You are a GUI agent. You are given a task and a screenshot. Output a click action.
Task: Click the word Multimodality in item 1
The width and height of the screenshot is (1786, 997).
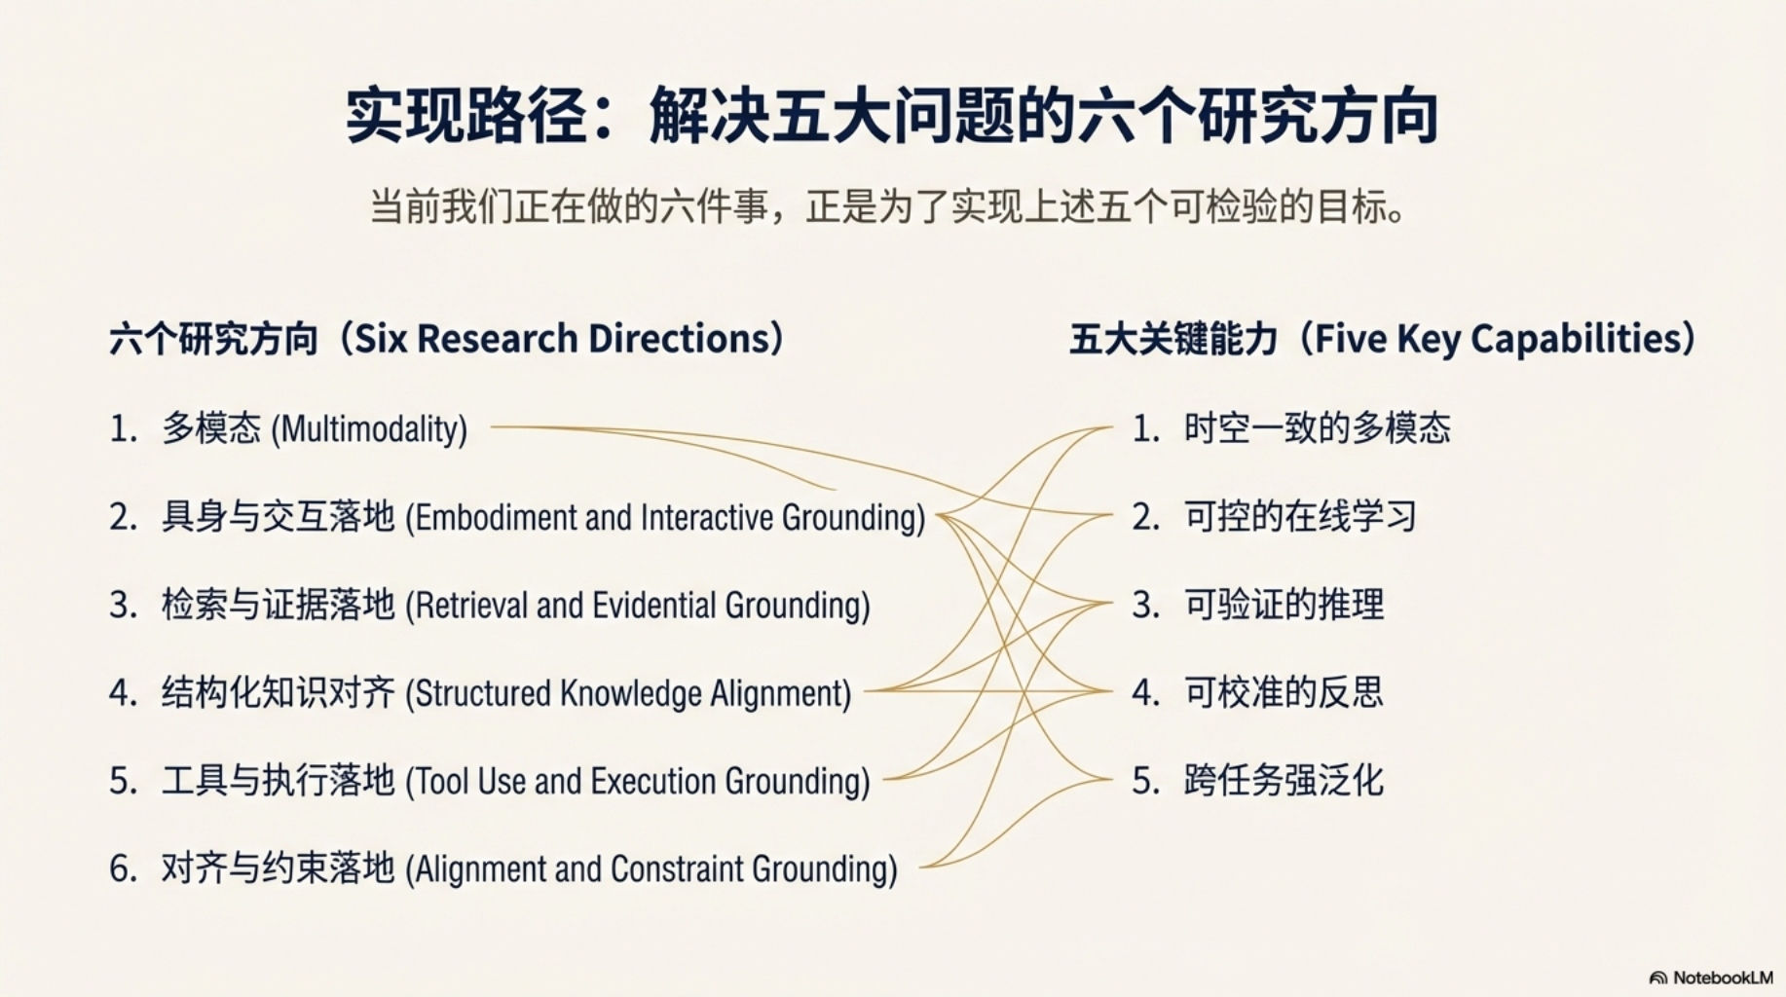click(369, 429)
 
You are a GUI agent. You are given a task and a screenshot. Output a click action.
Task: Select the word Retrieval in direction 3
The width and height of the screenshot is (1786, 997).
click(470, 606)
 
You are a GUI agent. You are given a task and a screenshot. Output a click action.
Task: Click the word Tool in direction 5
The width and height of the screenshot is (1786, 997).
click(441, 781)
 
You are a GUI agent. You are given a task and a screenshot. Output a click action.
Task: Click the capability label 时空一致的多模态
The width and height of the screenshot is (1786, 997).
click(1317, 428)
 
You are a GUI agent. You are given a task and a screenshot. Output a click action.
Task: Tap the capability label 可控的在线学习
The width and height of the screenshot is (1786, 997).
click(1300, 516)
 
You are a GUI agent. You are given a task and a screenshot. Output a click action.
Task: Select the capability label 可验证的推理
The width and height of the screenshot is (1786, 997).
click(1284, 605)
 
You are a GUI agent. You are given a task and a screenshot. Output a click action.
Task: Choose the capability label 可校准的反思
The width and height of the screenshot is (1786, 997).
click(1284, 692)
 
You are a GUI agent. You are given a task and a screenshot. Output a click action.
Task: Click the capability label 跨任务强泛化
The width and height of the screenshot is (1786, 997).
click(1284, 780)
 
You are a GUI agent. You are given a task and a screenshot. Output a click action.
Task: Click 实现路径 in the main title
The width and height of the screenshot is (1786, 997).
click(466, 117)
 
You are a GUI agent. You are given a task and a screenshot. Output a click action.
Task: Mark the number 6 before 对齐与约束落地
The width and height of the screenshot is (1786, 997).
click(122, 868)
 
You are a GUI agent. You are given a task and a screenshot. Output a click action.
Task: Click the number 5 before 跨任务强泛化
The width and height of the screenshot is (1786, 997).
click(1144, 781)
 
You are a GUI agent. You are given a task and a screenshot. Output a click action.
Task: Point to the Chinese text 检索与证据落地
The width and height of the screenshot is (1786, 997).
click(278, 605)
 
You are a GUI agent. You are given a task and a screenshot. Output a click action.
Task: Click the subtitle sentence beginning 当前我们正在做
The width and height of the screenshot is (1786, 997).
click(888, 207)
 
